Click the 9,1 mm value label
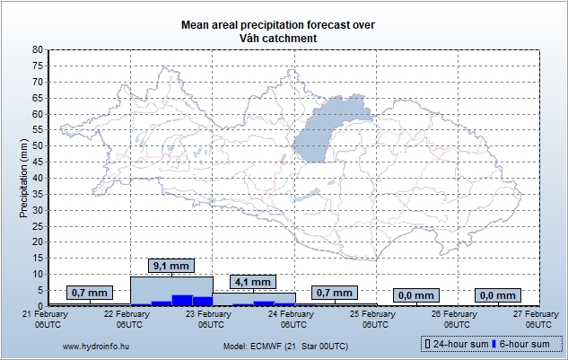pyautogui.click(x=170, y=266)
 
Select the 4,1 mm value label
pyautogui.click(x=251, y=282)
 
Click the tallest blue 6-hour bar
pyautogui.click(x=182, y=300)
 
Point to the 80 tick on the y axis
pyautogui.click(x=37, y=49)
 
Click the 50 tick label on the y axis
pyautogui.click(x=37, y=145)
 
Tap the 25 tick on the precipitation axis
pyautogui.click(x=37, y=225)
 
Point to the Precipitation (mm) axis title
pyautogui.click(x=24, y=178)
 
